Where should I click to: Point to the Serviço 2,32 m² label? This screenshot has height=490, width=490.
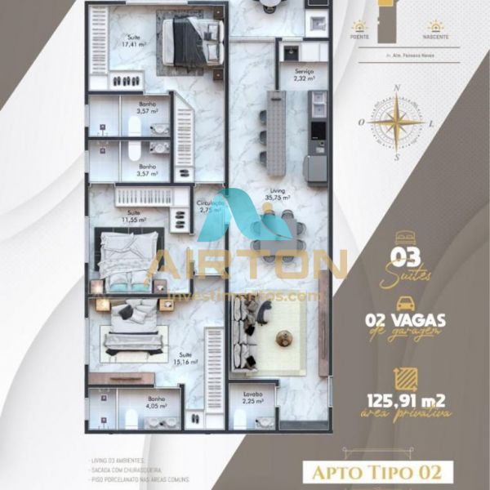click(x=305, y=75)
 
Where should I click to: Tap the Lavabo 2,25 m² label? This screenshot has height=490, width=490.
click(x=252, y=398)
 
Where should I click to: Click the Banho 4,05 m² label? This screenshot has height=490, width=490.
click(x=157, y=402)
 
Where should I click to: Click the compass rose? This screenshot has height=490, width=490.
click(x=396, y=123)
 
